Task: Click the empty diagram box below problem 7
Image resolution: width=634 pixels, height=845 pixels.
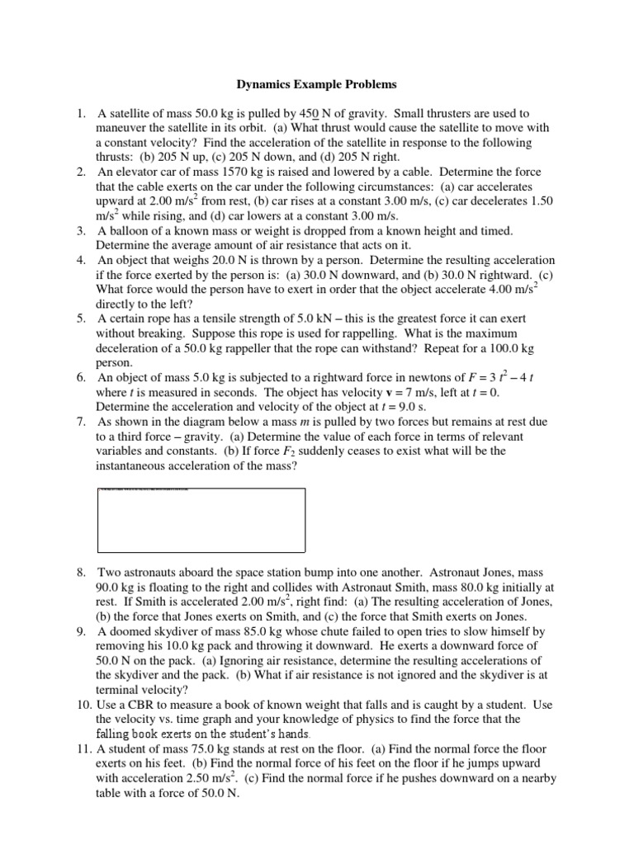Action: [x=201, y=520]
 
